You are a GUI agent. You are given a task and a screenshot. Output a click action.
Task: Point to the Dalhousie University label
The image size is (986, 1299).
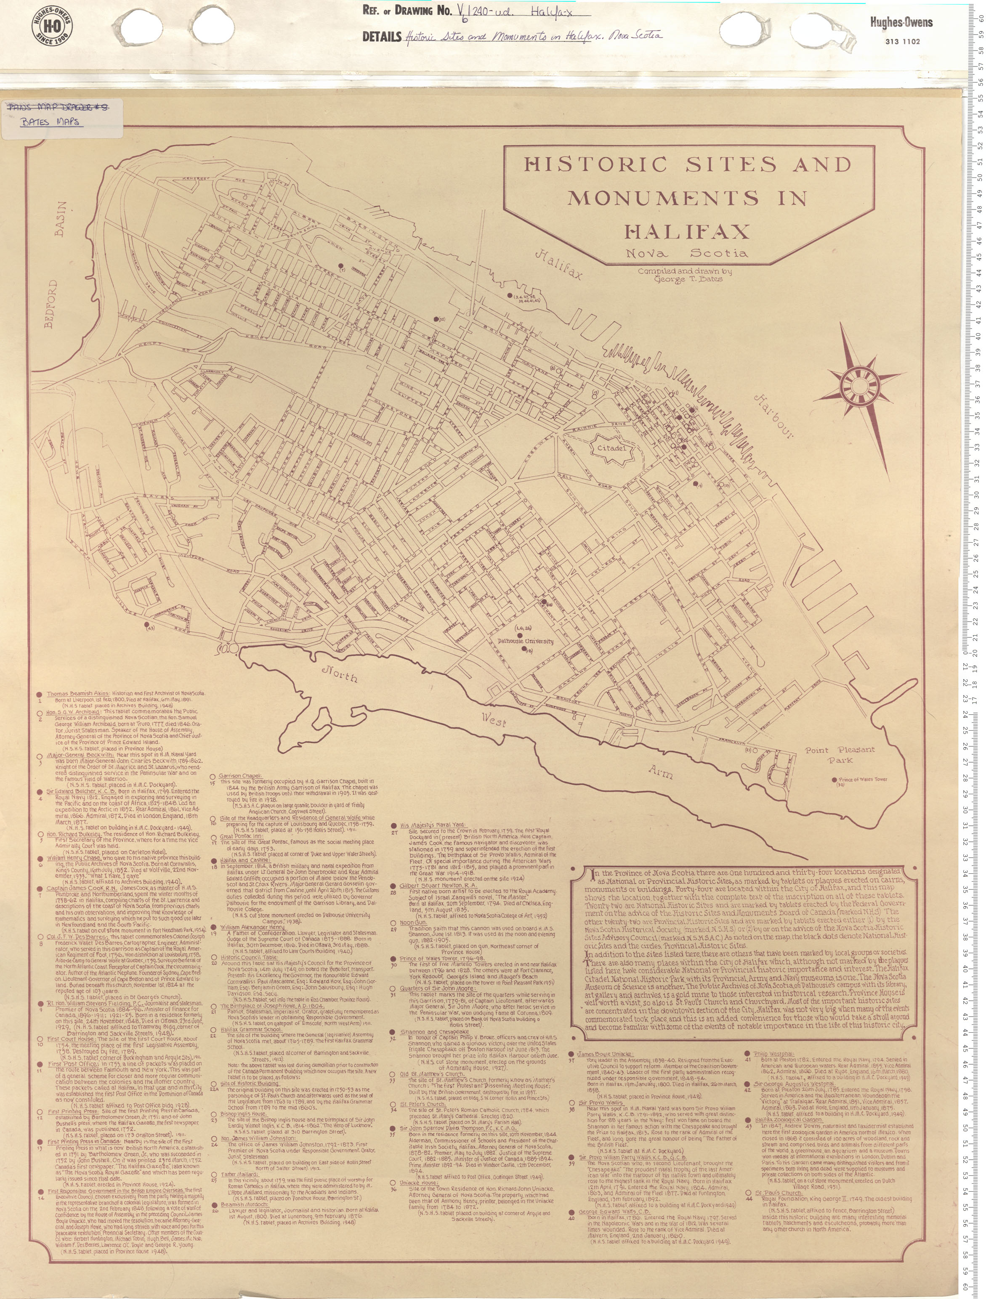(x=526, y=641)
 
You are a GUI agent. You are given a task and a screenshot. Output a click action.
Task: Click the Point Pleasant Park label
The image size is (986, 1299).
(x=847, y=755)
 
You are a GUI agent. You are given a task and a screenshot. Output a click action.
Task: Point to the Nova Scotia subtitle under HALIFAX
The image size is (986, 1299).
(x=686, y=254)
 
